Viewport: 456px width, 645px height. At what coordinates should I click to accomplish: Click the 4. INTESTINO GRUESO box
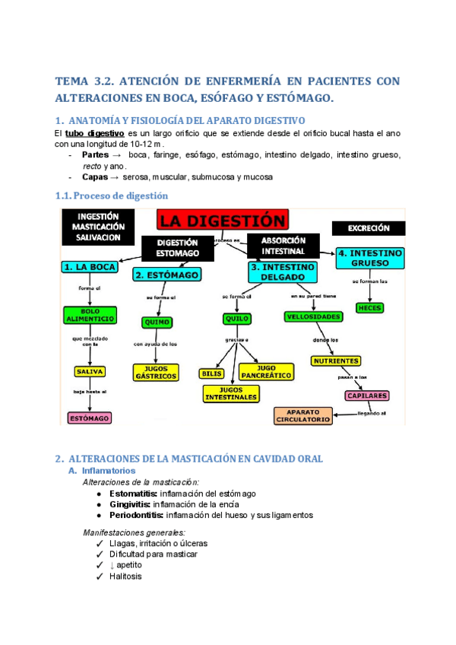point(369,258)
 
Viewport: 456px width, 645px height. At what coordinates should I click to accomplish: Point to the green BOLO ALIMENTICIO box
point(90,316)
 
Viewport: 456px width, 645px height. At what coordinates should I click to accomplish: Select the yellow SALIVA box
point(90,372)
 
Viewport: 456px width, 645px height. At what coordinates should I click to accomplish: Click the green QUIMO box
point(155,322)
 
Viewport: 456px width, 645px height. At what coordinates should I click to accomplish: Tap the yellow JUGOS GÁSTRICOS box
point(155,372)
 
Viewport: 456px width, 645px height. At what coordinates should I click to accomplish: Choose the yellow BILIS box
point(211,373)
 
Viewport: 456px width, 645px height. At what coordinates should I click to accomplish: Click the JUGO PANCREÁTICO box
point(267,371)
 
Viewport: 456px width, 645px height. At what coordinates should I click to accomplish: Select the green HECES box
point(369,307)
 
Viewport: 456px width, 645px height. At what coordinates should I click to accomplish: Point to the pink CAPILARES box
point(367,396)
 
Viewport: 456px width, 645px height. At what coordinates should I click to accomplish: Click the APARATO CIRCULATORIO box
point(303,415)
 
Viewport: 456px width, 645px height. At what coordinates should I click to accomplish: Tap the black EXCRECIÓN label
point(369,227)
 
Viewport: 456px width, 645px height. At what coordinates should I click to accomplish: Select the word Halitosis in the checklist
point(125,576)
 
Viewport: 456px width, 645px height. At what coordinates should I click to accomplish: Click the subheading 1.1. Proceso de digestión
point(112,195)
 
